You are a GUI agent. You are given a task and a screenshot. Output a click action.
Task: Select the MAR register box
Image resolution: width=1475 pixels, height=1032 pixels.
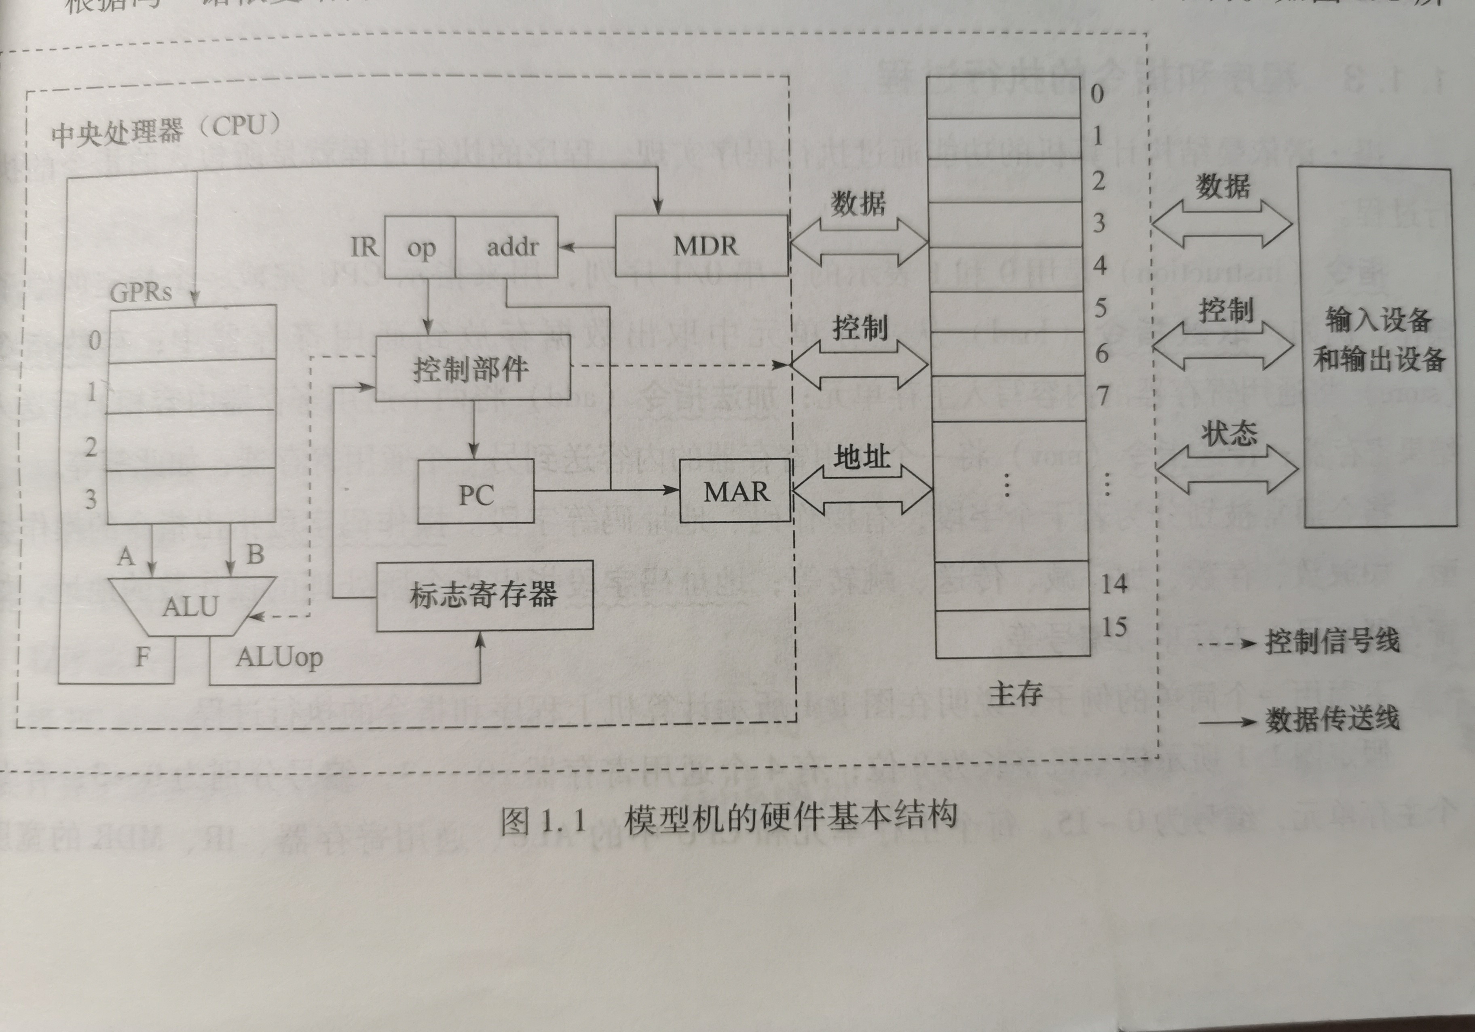tap(735, 491)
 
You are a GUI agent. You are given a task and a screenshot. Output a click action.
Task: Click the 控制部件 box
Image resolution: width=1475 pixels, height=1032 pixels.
tap(472, 369)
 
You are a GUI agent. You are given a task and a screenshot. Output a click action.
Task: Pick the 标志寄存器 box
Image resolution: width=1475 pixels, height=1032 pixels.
tap(484, 595)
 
